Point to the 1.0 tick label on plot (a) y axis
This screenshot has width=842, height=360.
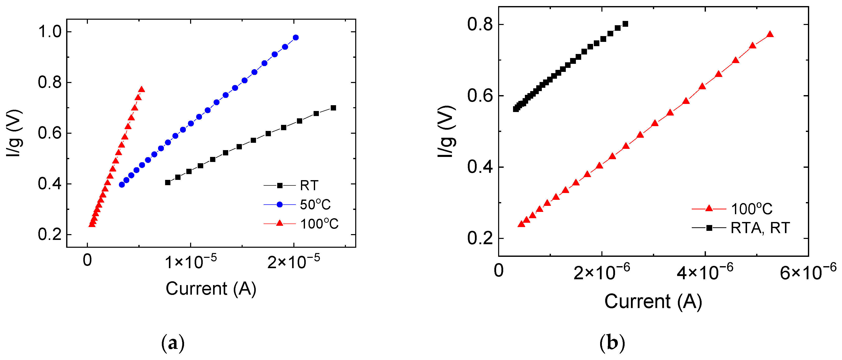coord(50,32)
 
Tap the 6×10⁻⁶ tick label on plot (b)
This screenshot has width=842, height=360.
coord(808,271)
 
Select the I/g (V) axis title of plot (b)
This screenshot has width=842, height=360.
coord(446,132)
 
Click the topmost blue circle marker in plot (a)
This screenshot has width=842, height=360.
coord(295,38)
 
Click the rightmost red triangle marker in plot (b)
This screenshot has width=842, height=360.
coord(770,35)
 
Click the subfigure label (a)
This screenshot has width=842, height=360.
coord(173,344)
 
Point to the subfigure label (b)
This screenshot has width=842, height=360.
coord(612,344)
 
